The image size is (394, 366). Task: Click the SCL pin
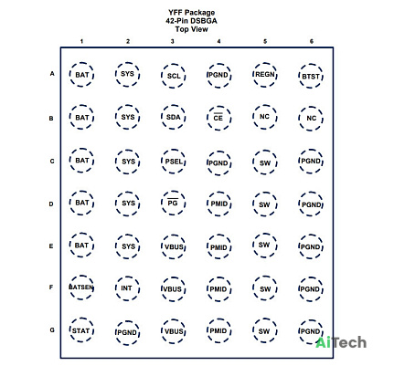pos(173,76)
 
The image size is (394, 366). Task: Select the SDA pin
pos(173,118)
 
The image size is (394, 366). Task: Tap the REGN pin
pos(264,75)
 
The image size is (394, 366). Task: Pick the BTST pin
pos(311,76)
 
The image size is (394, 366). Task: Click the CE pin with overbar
pos(218,118)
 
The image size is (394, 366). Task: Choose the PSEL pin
pos(173,162)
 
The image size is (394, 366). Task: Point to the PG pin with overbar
pos(173,203)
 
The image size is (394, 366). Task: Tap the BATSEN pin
pos(81,288)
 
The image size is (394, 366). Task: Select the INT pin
pos(127,288)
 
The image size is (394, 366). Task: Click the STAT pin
pos(81,330)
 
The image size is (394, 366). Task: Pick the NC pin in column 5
pos(264,117)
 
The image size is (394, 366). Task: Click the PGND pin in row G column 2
pos(127,332)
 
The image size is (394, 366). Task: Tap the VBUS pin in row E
pos(173,246)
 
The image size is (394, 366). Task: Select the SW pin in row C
pos(264,162)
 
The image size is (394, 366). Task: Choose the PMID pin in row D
pos(218,204)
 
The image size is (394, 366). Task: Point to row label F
pos(51,288)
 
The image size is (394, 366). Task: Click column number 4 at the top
pos(218,41)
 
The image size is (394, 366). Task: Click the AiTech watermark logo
pos(341,343)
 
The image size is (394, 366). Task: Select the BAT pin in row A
pos(81,75)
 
